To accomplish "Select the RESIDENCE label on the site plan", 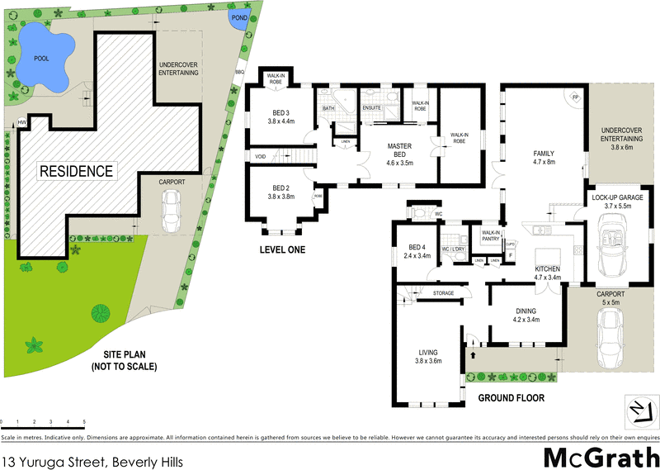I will point(75,172).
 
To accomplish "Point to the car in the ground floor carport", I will point(612,335).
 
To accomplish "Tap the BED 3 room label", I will point(281,116).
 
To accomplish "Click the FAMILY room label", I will point(543,157).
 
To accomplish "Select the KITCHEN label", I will point(548,273).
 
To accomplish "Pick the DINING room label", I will point(526,315).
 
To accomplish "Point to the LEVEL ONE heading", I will point(283,249).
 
